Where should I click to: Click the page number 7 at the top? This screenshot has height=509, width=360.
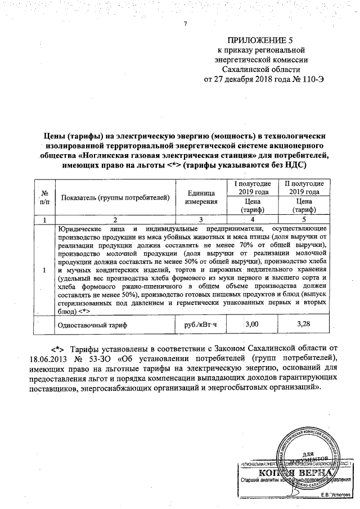184,23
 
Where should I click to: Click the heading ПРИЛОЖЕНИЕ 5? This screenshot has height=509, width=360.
260,41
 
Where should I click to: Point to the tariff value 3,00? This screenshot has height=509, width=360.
252,324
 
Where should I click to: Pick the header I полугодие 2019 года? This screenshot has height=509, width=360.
252,188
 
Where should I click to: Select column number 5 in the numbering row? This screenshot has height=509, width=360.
304,219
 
